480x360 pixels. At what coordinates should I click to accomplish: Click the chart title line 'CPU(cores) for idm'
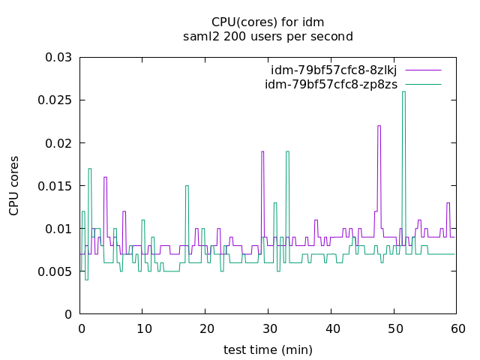click(x=268, y=22)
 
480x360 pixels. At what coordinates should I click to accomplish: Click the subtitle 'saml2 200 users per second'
click(x=268, y=36)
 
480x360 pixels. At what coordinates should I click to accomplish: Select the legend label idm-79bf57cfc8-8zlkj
click(x=335, y=70)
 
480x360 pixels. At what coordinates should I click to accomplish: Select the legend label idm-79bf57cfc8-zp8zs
click(x=331, y=84)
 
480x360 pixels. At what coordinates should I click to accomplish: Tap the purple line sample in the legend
click(x=423, y=70)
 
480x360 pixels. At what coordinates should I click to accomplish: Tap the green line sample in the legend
click(x=423, y=84)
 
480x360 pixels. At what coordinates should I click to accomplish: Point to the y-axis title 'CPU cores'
click(x=15, y=185)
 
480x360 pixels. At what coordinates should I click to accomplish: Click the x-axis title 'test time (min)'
click(x=268, y=349)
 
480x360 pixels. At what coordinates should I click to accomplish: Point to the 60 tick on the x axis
click(x=457, y=328)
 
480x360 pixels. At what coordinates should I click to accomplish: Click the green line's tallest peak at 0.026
click(x=403, y=92)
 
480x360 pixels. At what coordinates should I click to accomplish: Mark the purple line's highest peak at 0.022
click(x=379, y=126)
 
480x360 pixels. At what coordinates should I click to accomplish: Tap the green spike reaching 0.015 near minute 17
click(x=187, y=186)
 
